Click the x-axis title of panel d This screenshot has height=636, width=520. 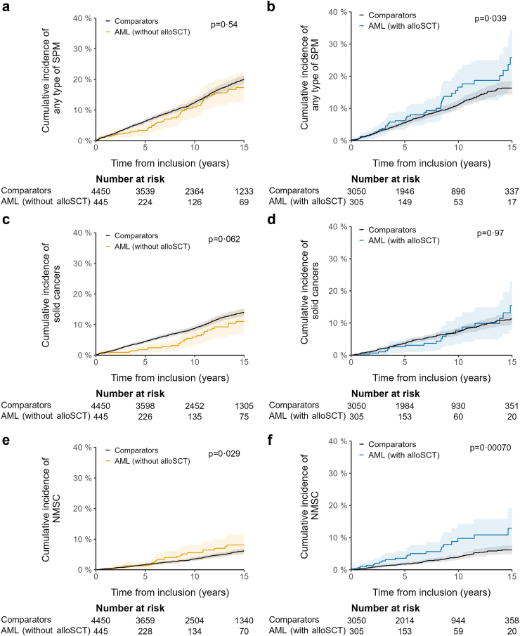click(431, 374)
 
